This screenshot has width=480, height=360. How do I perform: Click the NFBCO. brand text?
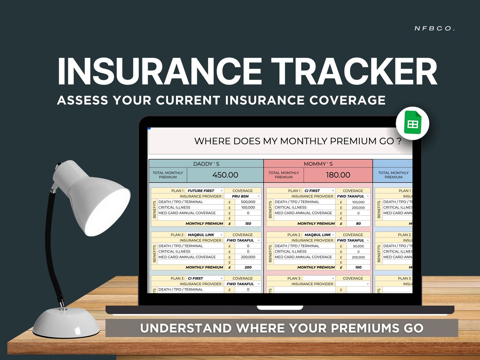tap(434, 28)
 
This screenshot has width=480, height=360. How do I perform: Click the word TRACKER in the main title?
tap(354, 72)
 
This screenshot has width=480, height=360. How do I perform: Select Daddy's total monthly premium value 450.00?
tap(225, 175)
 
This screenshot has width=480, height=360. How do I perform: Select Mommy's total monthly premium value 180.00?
tap(338, 175)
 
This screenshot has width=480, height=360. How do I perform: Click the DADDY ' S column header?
tap(206, 164)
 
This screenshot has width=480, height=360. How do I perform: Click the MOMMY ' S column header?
tap(318, 164)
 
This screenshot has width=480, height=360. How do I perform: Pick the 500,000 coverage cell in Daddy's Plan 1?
tap(248, 202)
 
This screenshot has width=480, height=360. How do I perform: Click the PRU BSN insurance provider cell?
tap(240, 196)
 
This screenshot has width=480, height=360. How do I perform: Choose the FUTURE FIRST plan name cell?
tap(201, 191)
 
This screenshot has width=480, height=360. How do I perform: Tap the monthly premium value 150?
tap(248, 224)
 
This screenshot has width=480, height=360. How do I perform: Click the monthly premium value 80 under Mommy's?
tap(358, 224)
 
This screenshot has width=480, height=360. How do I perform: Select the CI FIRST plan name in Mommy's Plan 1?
tap(312, 191)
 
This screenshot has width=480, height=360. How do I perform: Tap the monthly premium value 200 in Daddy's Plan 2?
tap(248, 268)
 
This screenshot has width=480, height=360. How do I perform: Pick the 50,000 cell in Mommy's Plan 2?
tap(358, 246)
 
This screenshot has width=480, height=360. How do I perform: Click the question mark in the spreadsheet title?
tap(399, 141)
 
